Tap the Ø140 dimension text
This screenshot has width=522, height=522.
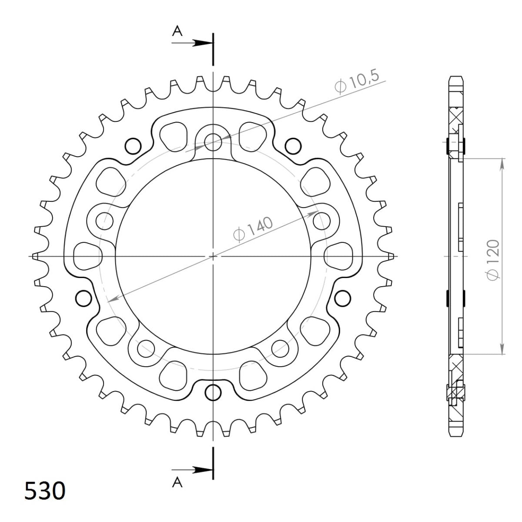(253, 229)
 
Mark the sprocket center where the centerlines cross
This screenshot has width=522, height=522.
(213, 256)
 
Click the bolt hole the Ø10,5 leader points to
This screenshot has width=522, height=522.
(213, 140)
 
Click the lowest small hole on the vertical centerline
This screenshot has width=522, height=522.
(213, 392)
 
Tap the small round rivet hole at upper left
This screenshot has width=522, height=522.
(133, 145)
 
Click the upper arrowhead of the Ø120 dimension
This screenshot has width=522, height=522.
(502, 162)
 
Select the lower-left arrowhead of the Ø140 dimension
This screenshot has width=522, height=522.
(111, 299)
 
